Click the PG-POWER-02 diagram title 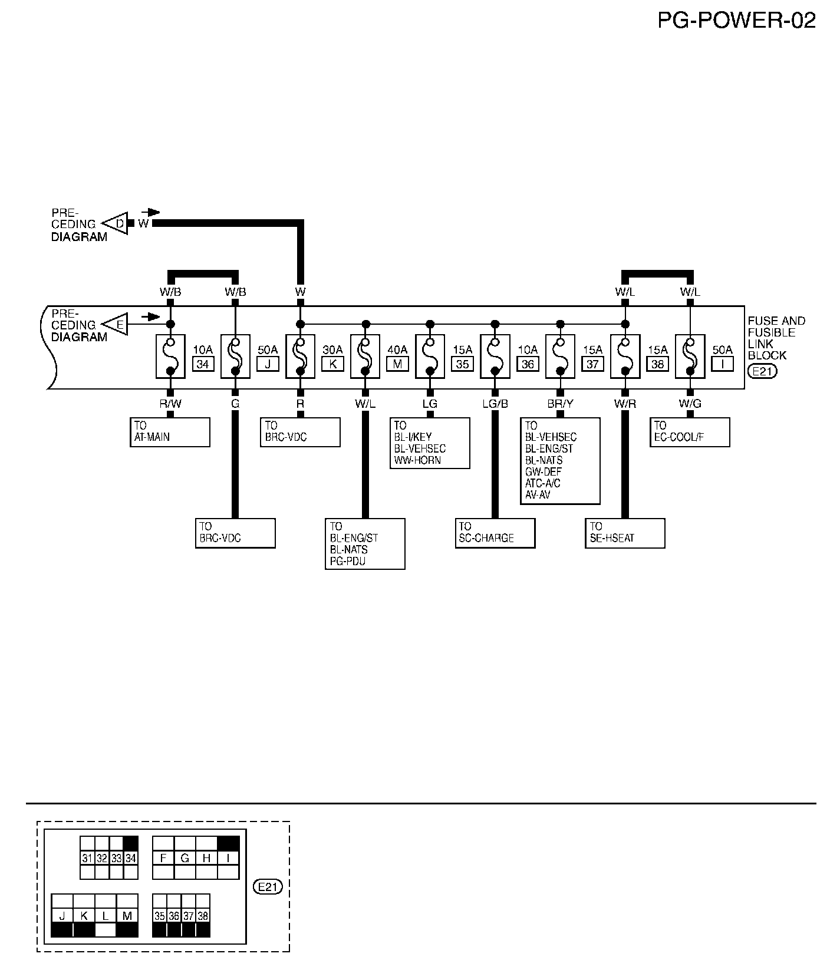tap(736, 21)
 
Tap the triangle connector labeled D tap(117, 223)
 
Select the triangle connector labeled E tap(117, 325)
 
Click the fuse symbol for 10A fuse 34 tap(170, 357)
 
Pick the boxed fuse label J tap(268, 364)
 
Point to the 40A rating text tap(397, 350)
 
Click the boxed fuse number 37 tap(592, 364)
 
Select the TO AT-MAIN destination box tap(170, 432)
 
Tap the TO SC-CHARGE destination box tap(495, 533)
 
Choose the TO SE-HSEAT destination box tap(625, 533)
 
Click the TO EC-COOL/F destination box tap(690, 432)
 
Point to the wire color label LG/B tap(495, 404)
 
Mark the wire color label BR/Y tap(560, 404)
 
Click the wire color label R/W tap(170, 404)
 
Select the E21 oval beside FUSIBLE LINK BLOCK tap(762, 371)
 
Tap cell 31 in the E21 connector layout tap(87, 859)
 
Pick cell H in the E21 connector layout tap(206, 859)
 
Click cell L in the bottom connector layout tap(106, 916)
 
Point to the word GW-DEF tap(543, 472)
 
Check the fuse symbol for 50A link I tap(690, 357)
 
